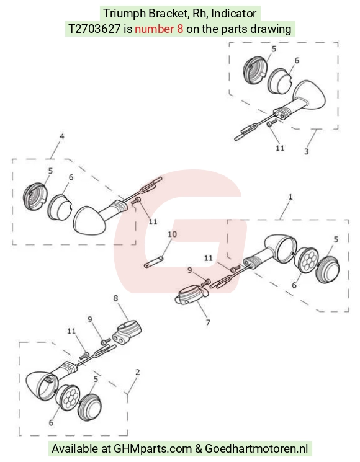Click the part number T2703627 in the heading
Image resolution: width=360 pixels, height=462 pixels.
click(94, 29)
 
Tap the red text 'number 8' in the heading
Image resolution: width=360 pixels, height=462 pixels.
click(159, 29)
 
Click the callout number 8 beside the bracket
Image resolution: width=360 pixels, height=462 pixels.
click(115, 298)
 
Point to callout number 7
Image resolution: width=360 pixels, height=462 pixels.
click(208, 322)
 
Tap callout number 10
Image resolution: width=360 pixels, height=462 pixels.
click(172, 234)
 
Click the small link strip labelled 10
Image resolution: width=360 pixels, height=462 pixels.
click(154, 262)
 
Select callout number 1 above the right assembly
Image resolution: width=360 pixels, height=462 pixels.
click(290, 197)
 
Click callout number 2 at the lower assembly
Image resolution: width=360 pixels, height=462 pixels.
click(137, 372)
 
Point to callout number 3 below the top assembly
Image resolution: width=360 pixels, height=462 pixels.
click(307, 151)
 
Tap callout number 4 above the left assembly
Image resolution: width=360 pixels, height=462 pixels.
click(61, 136)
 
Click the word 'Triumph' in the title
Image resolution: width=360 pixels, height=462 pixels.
click(124, 14)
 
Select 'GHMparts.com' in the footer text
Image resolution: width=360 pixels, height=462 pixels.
click(153, 449)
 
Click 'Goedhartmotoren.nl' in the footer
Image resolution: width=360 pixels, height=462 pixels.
click(256, 449)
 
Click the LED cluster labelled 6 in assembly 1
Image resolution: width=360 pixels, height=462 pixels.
click(306, 259)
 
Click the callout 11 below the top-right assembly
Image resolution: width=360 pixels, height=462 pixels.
click(280, 148)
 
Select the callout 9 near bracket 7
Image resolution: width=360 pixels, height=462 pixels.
click(189, 270)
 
